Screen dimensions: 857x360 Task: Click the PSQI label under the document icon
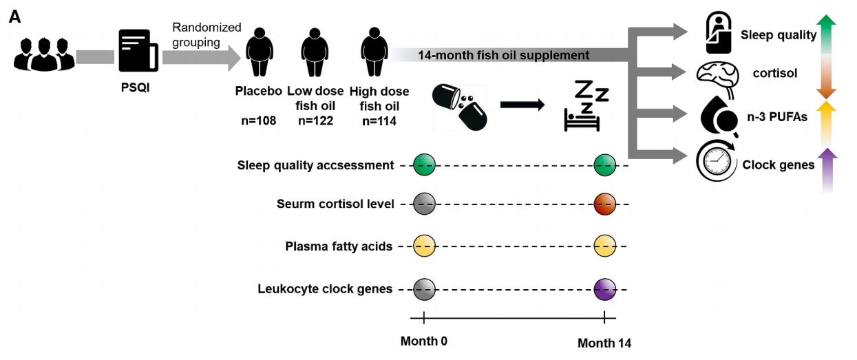(135, 87)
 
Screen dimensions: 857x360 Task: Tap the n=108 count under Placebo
(259, 121)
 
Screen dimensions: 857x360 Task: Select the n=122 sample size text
(316, 121)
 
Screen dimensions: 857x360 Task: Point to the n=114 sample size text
(379, 121)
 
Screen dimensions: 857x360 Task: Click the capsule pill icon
(460, 107)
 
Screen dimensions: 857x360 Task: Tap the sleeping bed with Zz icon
(586, 105)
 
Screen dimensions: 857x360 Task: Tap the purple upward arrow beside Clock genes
(827, 170)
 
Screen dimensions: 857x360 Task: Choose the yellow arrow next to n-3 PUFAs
(827, 123)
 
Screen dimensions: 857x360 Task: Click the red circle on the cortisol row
(605, 204)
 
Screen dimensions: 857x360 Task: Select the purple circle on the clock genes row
(605, 290)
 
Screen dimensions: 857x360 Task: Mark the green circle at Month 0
(424, 165)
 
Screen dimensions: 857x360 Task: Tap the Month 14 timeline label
(604, 343)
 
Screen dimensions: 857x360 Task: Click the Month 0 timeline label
(424, 341)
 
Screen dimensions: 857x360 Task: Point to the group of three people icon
(44, 54)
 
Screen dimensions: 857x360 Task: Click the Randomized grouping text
(207, 35)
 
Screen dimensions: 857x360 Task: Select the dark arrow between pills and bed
(522, 105)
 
